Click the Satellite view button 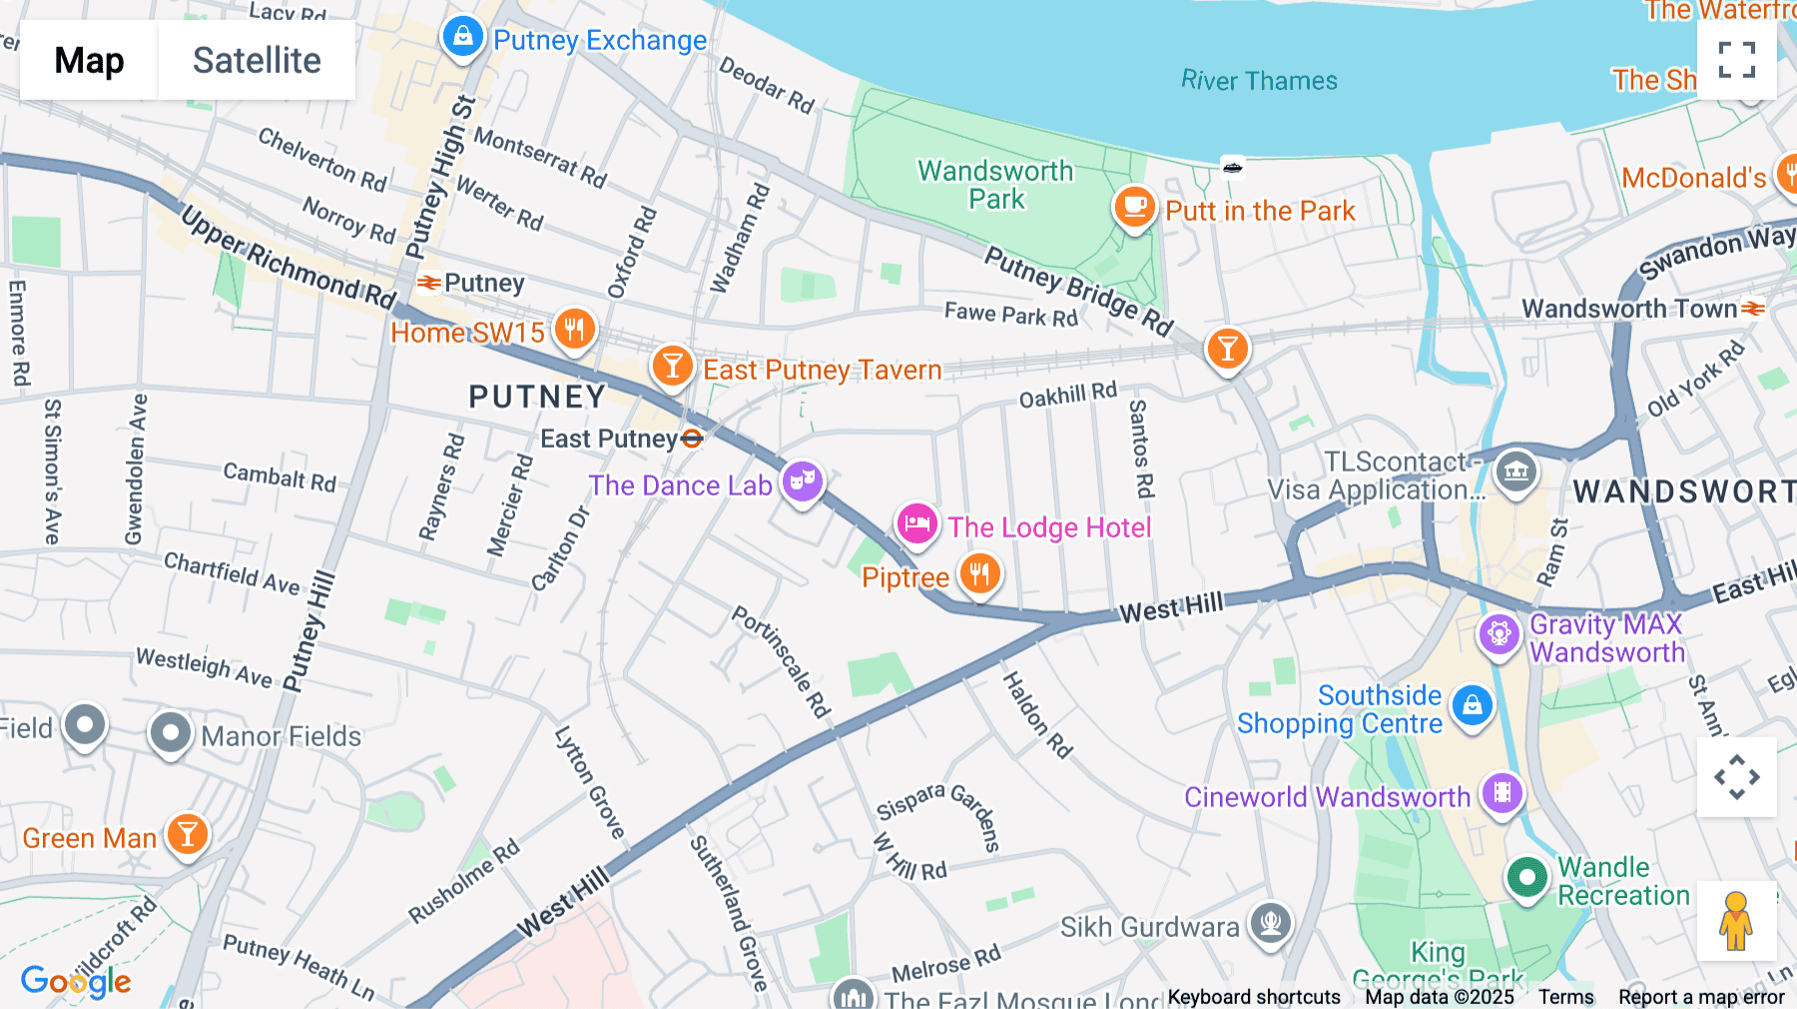257,60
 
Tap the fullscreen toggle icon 1736,60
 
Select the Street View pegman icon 1736,920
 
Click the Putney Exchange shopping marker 462,37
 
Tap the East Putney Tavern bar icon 673,366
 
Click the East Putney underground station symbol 692,439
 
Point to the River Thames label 1258,81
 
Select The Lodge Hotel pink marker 916,523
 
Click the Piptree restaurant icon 979,574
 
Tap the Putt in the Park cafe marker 1134,207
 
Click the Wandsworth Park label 995,185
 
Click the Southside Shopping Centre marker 1472,705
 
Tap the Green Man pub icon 187,833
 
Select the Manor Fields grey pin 170,733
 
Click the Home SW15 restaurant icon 574,328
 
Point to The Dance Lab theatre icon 802,482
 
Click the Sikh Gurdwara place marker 1270,921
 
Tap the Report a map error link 1701,997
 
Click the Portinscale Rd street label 781,660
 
